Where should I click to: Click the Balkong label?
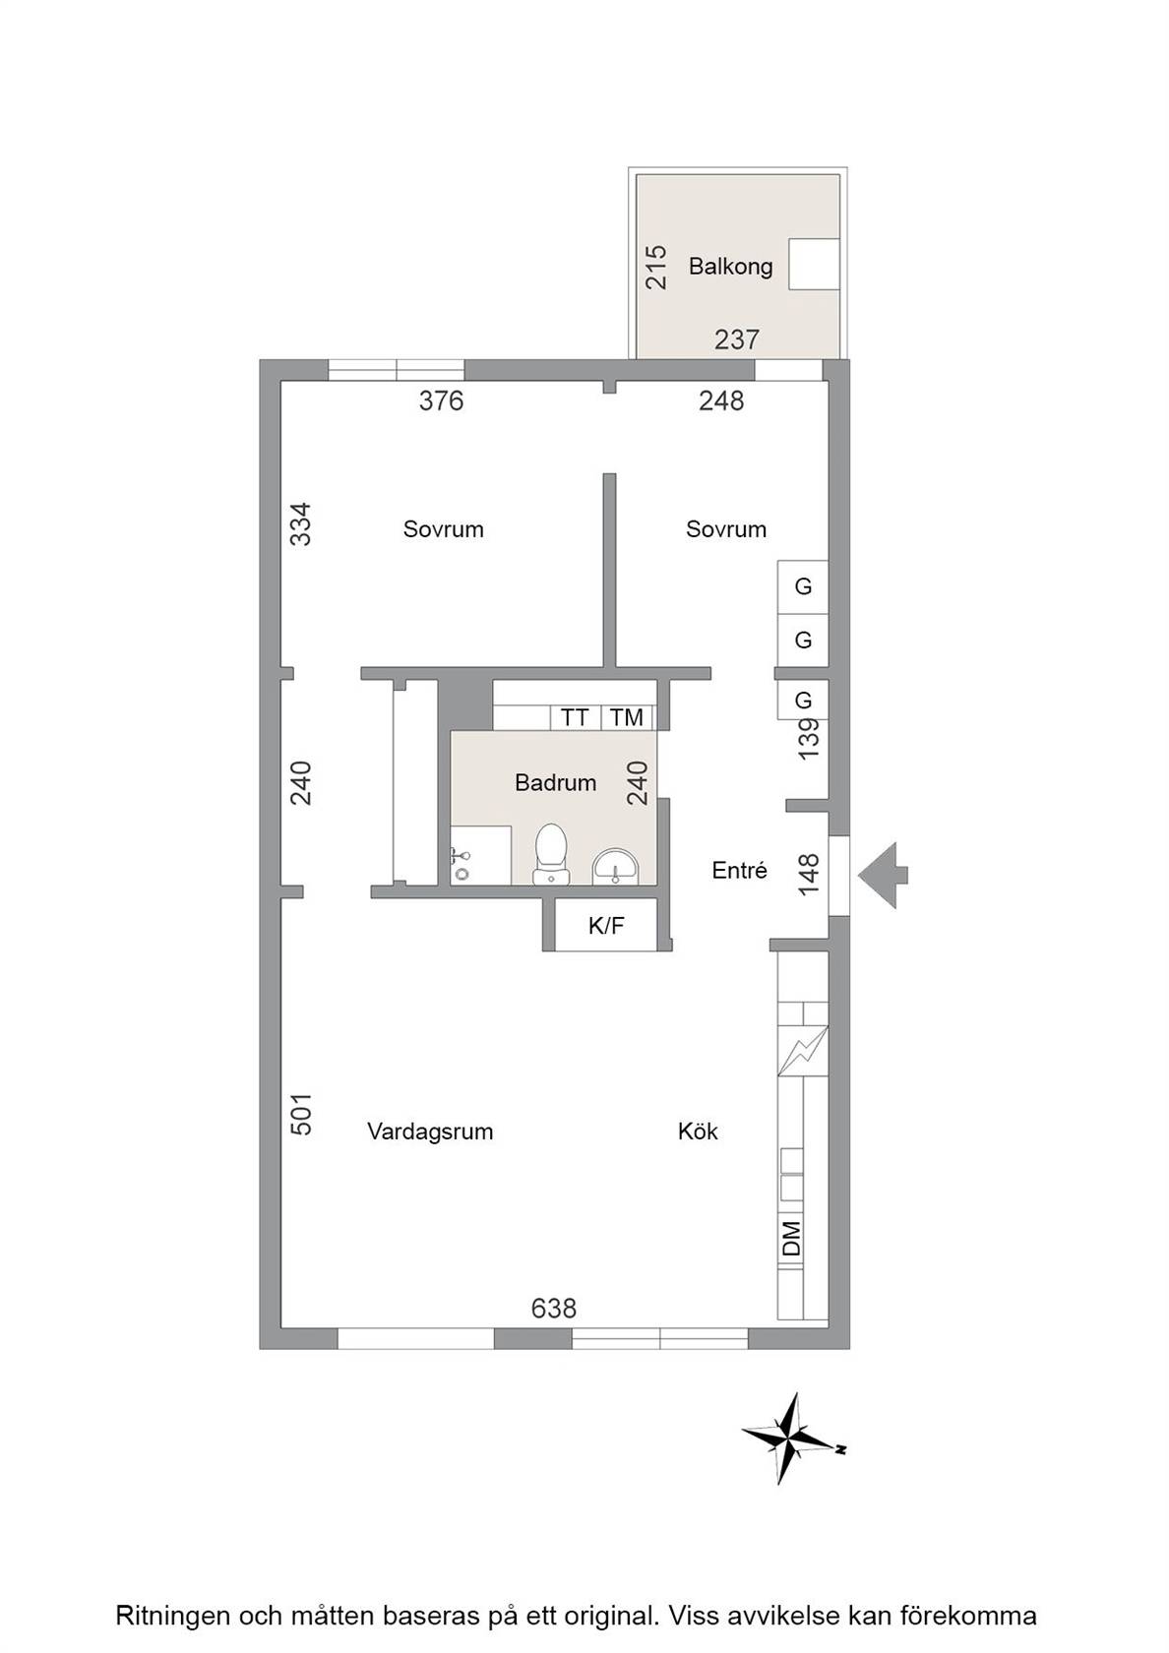point(730,267)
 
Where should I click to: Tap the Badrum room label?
point(555,782)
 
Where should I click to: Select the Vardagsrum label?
point(429,1132)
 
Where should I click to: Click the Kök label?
point(698,1131)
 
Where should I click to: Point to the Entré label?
point(739,871)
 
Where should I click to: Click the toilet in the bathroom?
point(551,854)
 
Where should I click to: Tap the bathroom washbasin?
point(615,866)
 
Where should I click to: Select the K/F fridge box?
point(606,925)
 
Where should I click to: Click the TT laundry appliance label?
point(575,717)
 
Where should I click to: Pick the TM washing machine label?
point(627,717)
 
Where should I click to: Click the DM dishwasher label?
point(791,1238)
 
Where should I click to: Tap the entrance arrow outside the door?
point(883,876)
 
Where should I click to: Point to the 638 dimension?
point(553,1309)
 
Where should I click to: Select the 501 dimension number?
point(301,1114)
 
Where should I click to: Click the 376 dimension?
point(441,400)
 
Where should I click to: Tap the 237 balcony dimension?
point(736,339)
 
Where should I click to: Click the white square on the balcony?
point(814,264)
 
